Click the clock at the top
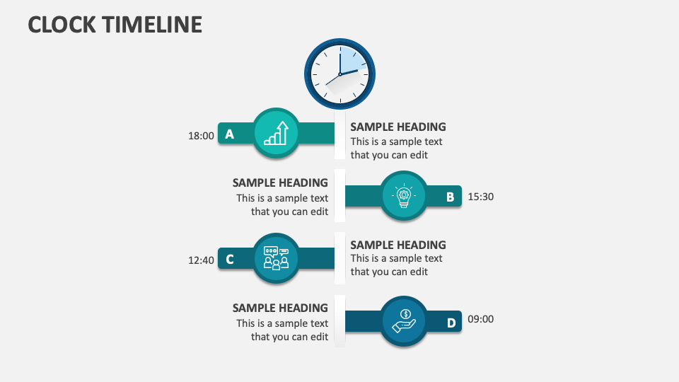[x=339, y=74]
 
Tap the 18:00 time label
[x=201, y=136]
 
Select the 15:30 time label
[x=481, y=197]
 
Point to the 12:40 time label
[x=201, y=260]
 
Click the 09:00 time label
[x=481, y=319]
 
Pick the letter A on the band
[x=229, y=134]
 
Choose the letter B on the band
[x=450, y=197]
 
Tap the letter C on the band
[x=230, y=260]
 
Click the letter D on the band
[x=451, y=323]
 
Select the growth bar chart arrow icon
[x=276, y=133]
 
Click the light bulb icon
[x=404, y=196]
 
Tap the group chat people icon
[x=276, y=258]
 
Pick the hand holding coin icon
[x=404, y=321]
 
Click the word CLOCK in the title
[x=62, y=25]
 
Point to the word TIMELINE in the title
[x=152, y=25]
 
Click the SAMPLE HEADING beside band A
[x=398, y=127]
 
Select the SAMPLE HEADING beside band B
[x=280, y=183]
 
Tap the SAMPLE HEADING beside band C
[x=398, y=245]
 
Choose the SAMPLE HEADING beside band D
[x=280, y=308]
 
